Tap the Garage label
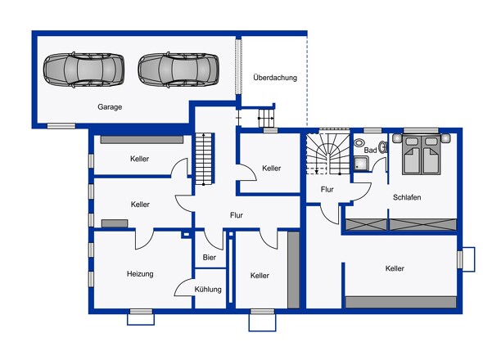(110, 107)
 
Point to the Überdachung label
(274, 79)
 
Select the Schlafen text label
(407, 197)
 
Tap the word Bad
(370, 151)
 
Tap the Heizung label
(140, 274)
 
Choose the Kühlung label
(208, 289)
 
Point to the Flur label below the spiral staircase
(327, 189)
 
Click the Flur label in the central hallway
(237, 215)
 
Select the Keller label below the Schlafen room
(395, 268)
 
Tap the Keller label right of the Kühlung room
(260, 276)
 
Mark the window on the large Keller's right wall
(465, 259)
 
